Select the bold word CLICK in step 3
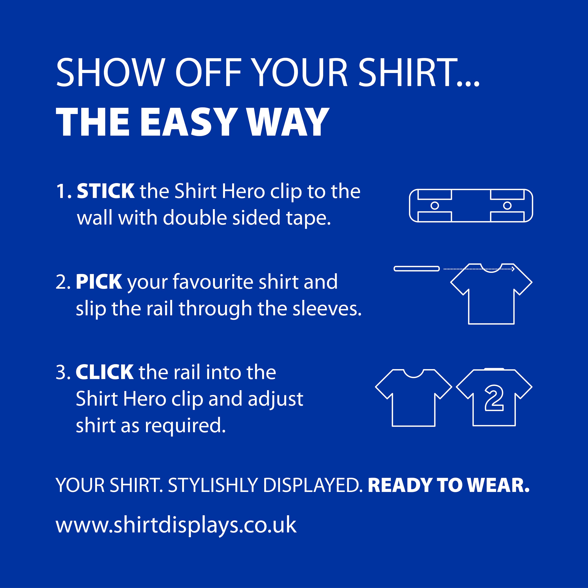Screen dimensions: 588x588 pyautogui.click(x=104, y=372)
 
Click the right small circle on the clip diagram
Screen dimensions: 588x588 pyautogui.click(x=507, y=206)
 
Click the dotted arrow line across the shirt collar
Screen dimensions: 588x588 pyautogui.click(x=478, y=269)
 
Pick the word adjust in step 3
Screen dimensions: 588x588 pyautogui.click(x=275, y=399)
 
